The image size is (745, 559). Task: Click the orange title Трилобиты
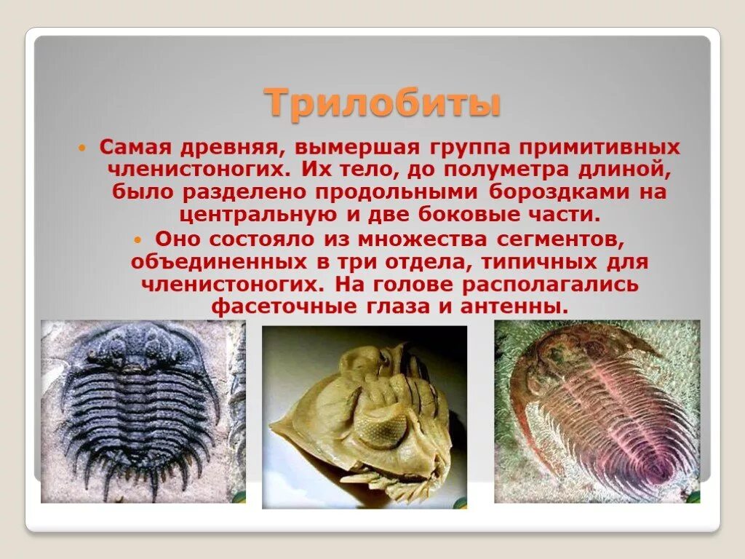[383, 103]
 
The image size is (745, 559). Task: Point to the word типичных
[532, 261]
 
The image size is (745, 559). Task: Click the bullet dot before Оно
[138, 239]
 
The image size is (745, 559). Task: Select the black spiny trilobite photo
[143, 411]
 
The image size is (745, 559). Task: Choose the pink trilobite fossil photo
[597, 411]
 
